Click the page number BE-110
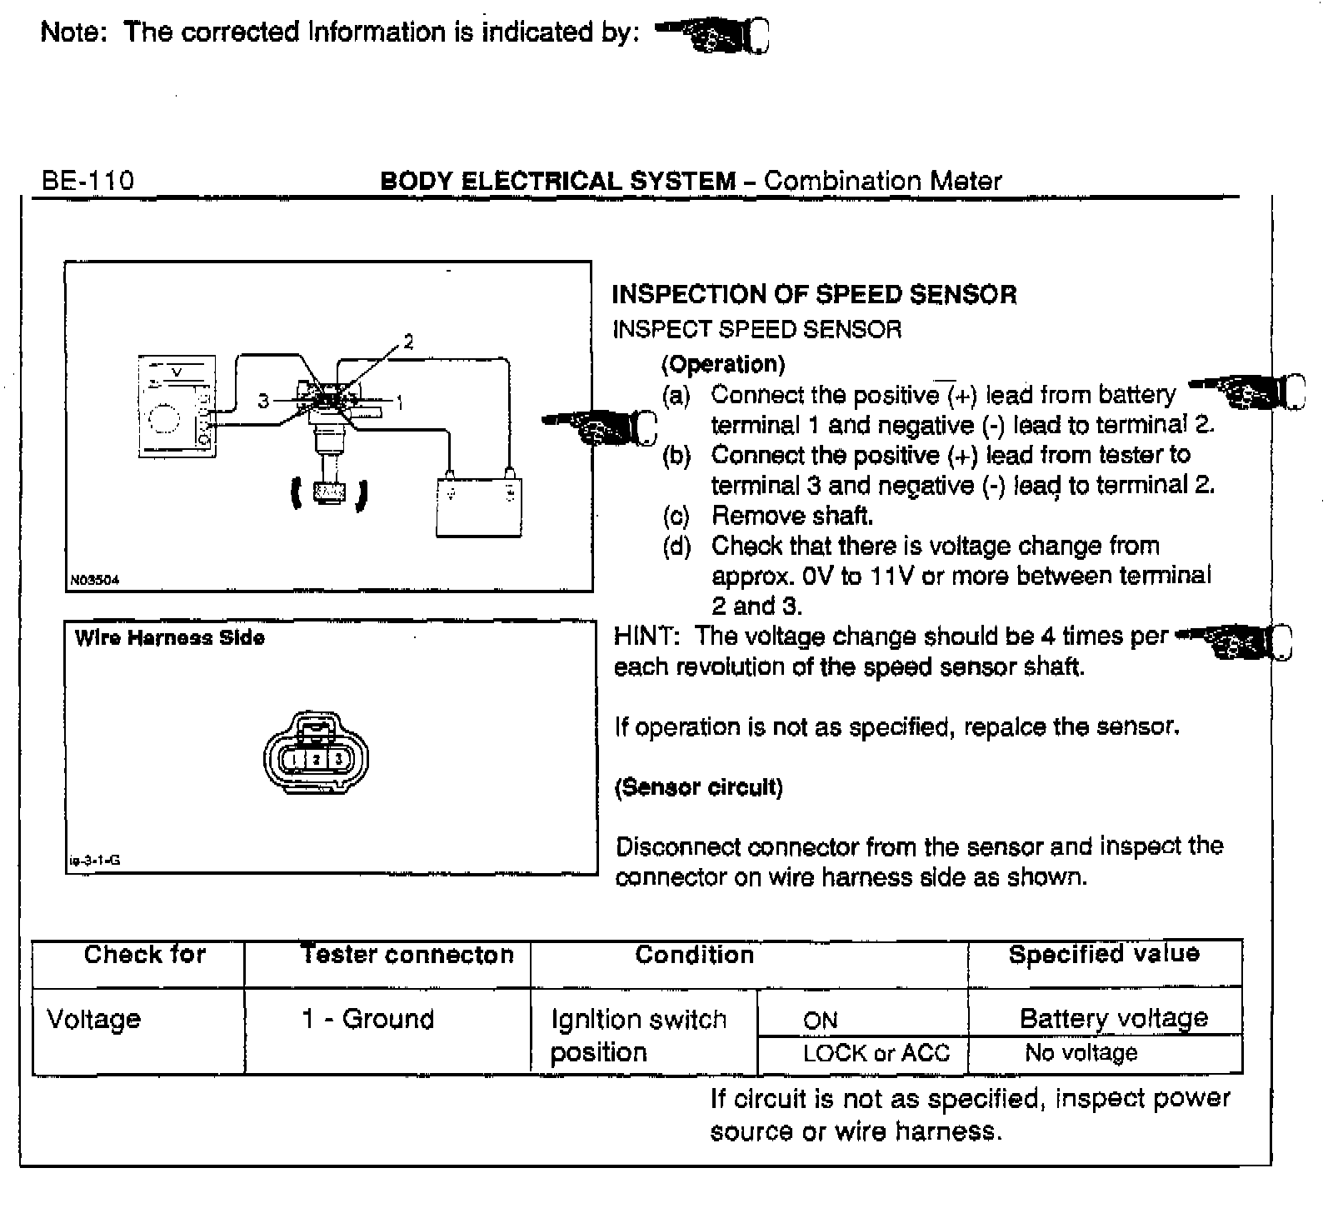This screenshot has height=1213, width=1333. point(87,181)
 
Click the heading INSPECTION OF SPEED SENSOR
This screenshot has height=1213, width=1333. point(814,294)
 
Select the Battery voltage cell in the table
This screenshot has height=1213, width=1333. point(1113,1018)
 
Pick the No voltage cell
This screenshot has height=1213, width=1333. point(1081,1053)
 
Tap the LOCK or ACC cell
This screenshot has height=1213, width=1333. point(876,1053)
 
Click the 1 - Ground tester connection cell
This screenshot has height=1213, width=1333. point(367,1019)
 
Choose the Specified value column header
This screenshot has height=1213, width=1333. point(1104,954)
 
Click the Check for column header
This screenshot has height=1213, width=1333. point(144,954)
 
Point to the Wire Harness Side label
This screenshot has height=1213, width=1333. point(169,638)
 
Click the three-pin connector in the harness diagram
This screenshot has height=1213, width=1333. point(316,756)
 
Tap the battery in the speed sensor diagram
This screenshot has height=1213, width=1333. point(479,506)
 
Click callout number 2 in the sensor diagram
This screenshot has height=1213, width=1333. point(408,341)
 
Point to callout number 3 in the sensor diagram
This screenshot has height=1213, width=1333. point(263,402)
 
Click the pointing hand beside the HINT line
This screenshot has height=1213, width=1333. point(1235,641)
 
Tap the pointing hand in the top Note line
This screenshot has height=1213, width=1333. point(713,35)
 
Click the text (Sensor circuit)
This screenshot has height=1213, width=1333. point(698,787)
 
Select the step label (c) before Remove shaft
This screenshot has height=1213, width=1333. point(676,517)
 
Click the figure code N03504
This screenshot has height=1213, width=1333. point(95,581)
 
